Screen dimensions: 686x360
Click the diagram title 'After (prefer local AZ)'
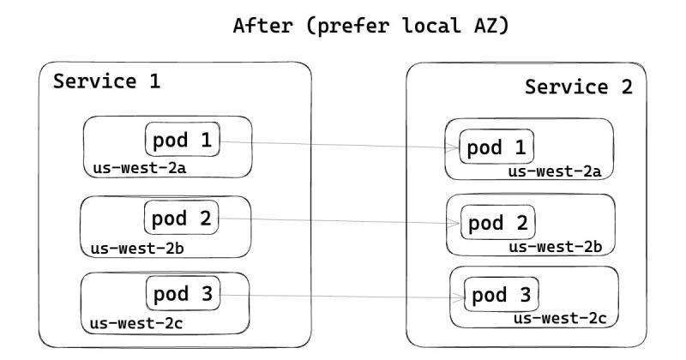click(371, 26)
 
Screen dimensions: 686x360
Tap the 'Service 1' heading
click(106, 81)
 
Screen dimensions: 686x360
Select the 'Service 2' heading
click(578, 87)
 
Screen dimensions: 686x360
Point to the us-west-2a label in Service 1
click(140, 168)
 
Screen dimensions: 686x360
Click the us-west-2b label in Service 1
click(137, 249)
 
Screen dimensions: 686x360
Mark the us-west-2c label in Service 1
click(136, 324)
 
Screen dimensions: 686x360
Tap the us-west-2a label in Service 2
click(555, 171)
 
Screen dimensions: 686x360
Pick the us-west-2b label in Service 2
click(556, 247)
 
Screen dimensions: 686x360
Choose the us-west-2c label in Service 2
click(561, 319)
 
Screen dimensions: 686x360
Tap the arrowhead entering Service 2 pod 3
click(459, 298)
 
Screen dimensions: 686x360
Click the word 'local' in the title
click(431, 25)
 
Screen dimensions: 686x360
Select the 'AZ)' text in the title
click(491, 26)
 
